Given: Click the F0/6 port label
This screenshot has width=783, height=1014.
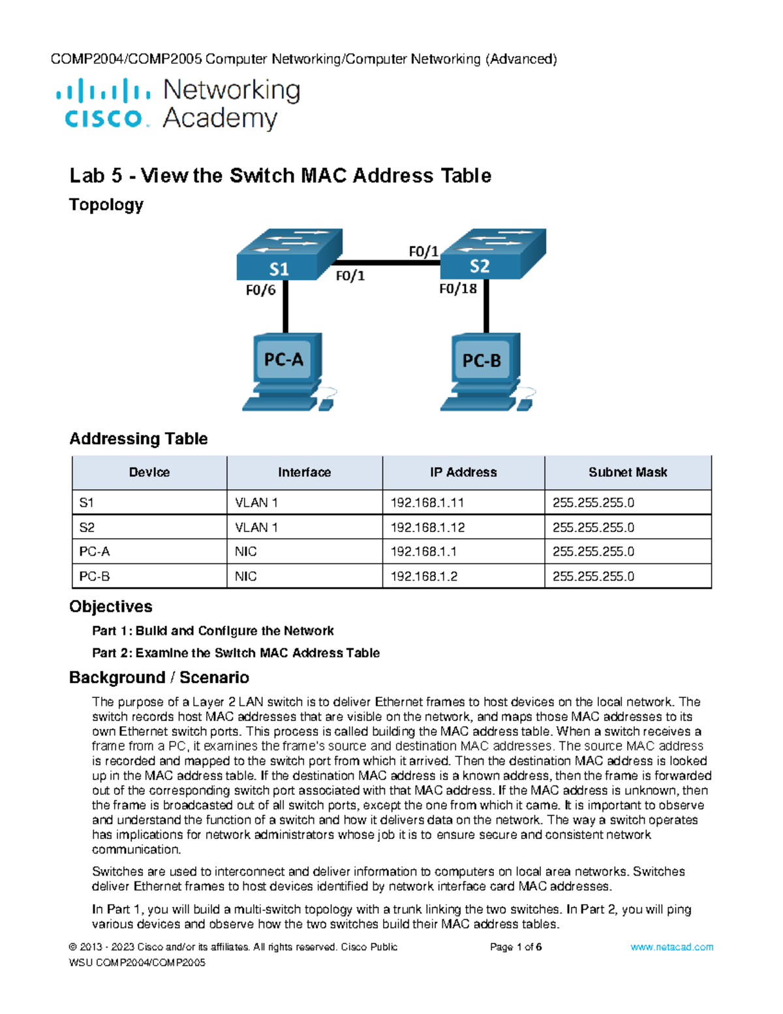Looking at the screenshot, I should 260,290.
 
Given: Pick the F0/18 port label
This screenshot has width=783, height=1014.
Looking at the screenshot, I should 457,289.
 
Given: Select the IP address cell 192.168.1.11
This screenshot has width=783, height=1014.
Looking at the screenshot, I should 427,503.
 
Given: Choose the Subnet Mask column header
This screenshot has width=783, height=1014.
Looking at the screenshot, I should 628,472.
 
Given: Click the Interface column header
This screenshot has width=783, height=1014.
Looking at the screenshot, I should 304,472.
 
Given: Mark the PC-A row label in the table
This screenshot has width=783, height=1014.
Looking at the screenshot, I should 95,552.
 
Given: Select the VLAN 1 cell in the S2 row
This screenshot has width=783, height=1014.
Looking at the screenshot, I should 256,528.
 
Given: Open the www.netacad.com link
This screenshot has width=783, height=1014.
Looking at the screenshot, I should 671,947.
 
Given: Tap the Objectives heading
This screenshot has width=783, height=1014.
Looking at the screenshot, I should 111,607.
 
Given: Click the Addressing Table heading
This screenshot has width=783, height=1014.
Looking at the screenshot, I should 138,439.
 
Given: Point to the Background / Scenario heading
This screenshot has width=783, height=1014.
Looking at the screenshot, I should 159,678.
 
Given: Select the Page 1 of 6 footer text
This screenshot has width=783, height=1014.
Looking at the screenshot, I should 515,947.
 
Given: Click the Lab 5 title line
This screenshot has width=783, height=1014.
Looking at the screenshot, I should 281,176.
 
